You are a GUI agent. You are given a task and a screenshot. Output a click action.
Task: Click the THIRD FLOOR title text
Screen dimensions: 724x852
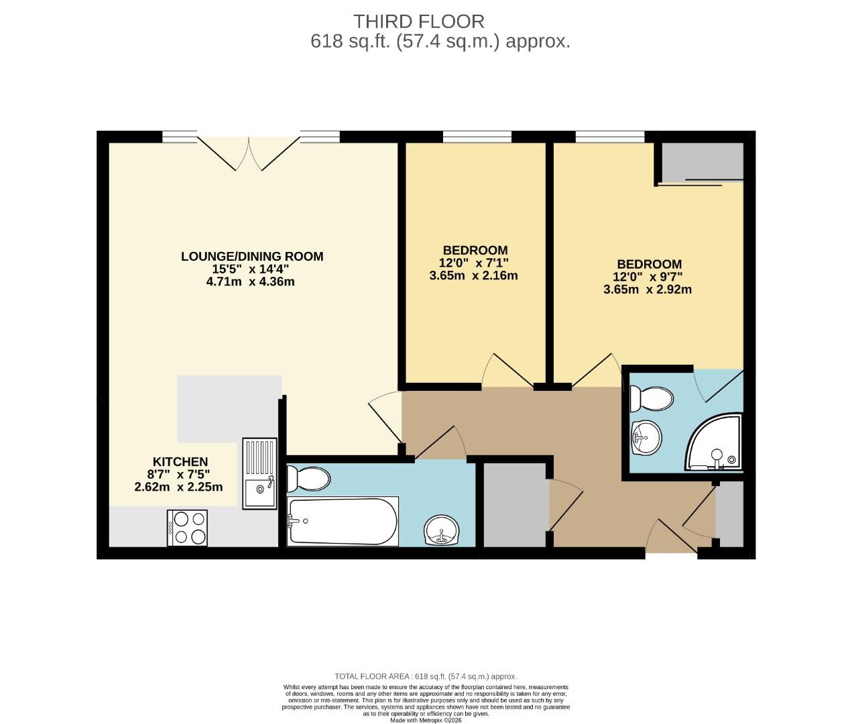point(418,21)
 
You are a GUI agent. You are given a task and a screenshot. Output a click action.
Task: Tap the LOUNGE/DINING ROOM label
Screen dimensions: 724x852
point(252,256)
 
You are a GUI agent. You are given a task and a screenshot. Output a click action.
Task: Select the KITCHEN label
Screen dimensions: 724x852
point(180,462)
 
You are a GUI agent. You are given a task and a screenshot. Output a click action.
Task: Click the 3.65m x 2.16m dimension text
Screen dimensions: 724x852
point(473,276)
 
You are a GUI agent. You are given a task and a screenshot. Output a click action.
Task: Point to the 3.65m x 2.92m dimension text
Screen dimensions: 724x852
point(648,290)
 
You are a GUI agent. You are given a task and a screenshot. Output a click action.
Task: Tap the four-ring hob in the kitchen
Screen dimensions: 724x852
point(187,528)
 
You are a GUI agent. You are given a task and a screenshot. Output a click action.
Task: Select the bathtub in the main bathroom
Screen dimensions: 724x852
point(343,521)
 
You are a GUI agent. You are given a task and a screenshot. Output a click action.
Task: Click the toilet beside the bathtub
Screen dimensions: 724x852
point(308,479)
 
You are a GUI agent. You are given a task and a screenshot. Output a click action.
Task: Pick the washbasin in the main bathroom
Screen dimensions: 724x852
point(442,531)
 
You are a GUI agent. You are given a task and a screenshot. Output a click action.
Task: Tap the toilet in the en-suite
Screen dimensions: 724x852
point(652,400)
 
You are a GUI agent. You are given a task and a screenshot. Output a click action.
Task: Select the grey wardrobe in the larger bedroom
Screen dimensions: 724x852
point(703,161)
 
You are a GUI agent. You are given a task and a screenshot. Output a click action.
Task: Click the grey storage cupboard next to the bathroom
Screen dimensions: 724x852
point(515,504)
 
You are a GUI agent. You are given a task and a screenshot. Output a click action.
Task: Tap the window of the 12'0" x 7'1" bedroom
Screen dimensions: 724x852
point(477,137)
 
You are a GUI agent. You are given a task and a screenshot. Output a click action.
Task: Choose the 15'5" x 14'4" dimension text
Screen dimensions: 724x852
point(251,269)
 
